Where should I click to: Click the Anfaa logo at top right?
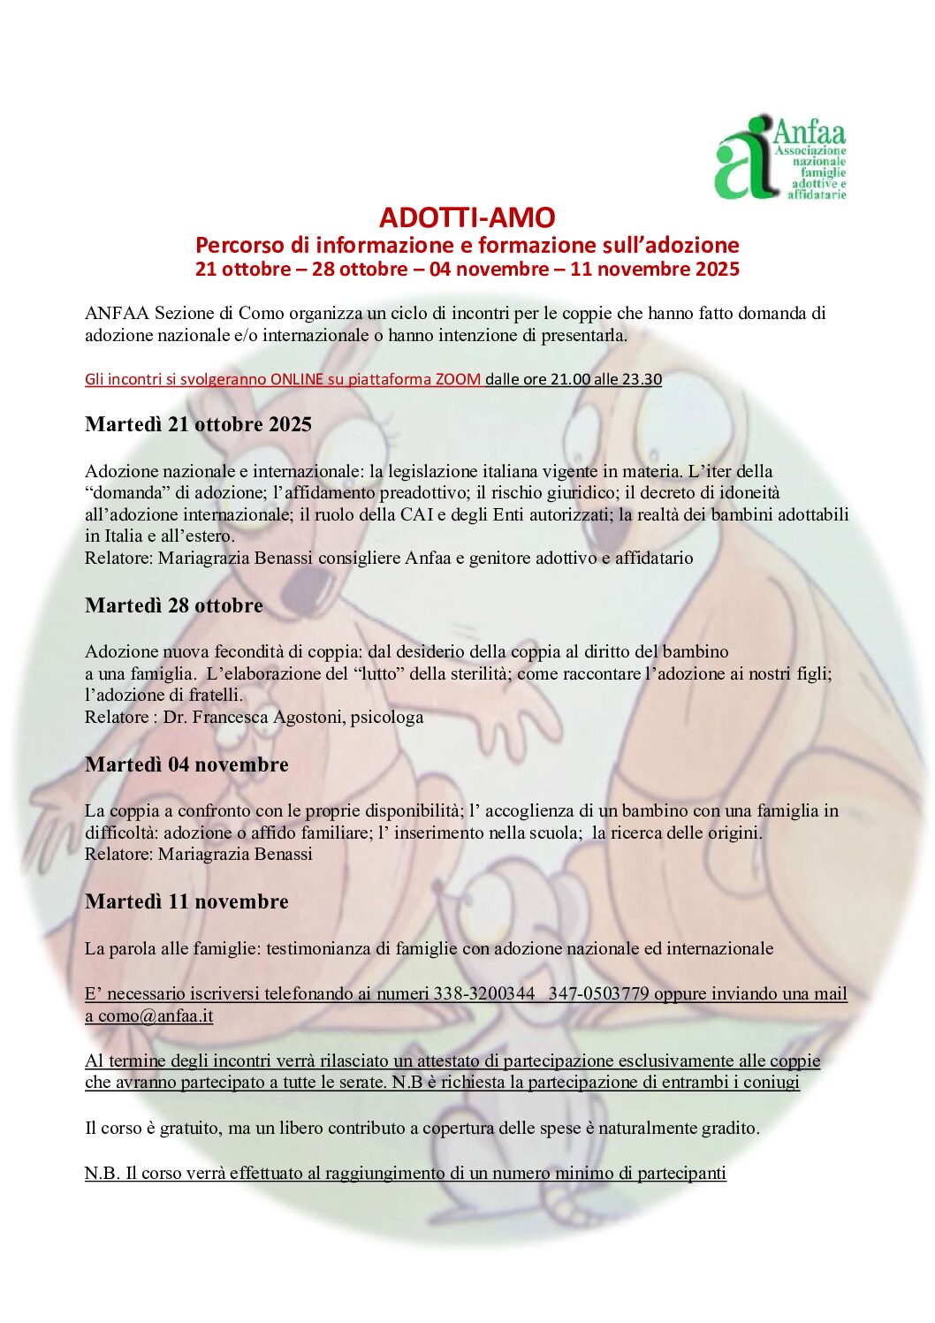tap(779, 158)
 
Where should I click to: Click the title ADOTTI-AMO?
tap(467, 217)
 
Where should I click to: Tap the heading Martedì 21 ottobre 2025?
tap(198, 424)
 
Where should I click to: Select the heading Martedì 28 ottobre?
tap(174, 605)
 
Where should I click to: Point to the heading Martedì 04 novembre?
tap(186, 764)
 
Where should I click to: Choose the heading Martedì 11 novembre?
tap(186, 901)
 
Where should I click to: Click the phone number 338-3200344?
tap(483, 993)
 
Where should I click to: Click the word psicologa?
tap(387, 717)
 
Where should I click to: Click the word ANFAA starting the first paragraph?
tap(117, 313)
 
